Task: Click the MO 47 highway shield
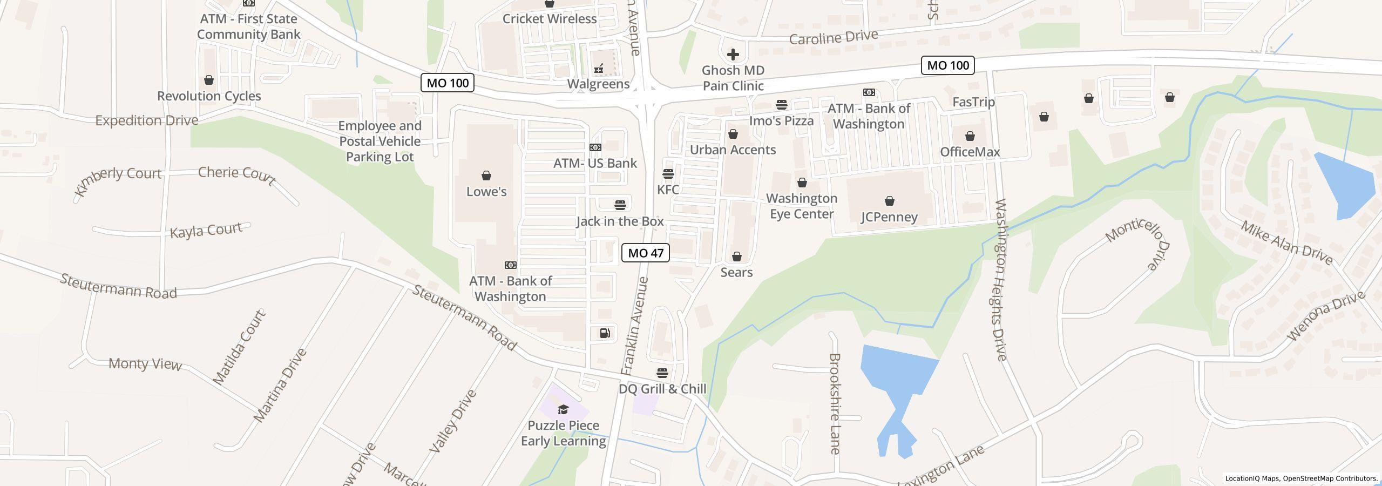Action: [645, 253]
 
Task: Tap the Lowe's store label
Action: [486, 192]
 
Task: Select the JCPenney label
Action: [889, 217]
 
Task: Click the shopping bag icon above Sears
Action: [736, 256]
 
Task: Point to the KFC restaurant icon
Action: [668, 174]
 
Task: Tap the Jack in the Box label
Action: [620, 221]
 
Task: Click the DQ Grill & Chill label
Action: [662, 389]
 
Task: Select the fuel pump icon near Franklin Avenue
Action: [605, 333]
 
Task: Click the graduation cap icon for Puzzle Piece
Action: [563, 409]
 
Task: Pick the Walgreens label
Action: [598, 84]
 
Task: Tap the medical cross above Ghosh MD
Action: [733, 55]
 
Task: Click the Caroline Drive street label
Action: [833, 38]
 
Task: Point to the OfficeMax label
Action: [970, 152]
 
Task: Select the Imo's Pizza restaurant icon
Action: [781, 105]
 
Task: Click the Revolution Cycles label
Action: [209, 96]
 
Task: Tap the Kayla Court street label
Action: [206, 231]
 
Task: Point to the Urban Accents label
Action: [733, 150]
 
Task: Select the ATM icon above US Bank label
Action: [595, 147]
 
